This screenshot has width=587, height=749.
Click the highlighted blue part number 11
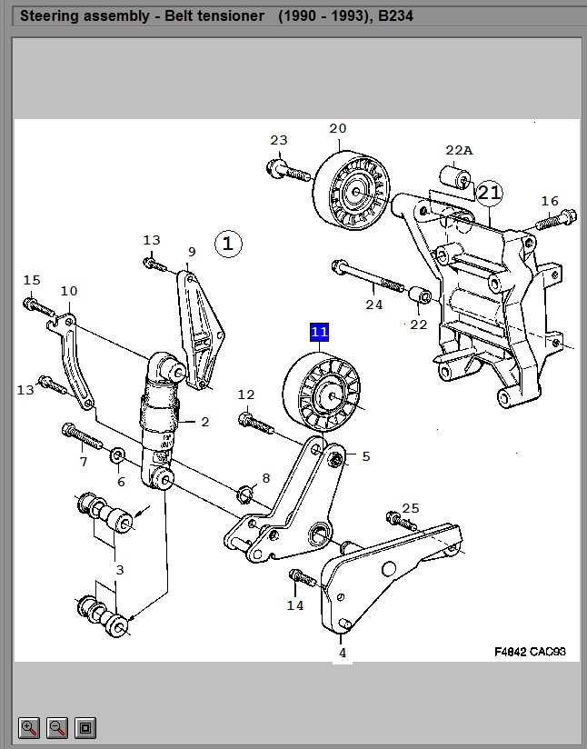tap(319, 332)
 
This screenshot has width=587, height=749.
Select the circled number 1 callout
tap(228, 243)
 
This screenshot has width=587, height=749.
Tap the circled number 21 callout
tap(489, 192)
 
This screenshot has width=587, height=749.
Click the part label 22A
tap(459, 150)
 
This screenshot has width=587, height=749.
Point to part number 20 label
tap(338, 128)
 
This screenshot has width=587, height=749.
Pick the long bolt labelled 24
tap(368, 275)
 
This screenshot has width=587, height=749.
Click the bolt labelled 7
tap(80, 437)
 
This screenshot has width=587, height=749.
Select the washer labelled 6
tap(118, 454)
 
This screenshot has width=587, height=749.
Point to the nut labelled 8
tap(244, 494)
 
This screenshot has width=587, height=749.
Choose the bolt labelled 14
tap(303, 577)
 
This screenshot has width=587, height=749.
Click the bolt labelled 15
tap(33, 304)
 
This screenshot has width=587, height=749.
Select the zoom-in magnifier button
tap(29, 727)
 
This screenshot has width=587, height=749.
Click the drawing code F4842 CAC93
tap(530, 651)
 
